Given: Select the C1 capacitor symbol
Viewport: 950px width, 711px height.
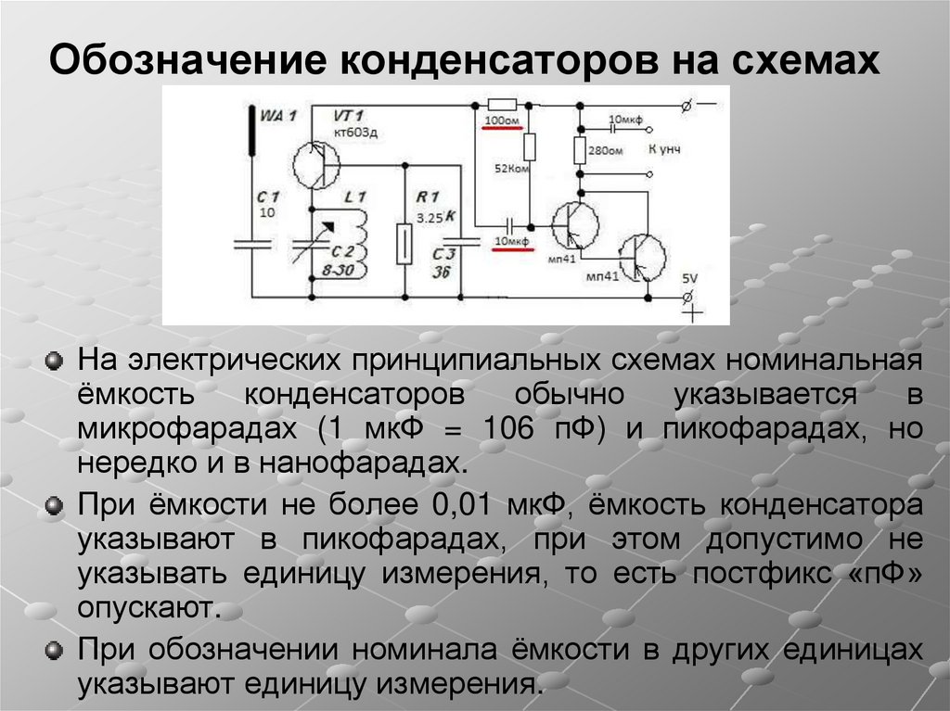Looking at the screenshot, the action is point(252,244).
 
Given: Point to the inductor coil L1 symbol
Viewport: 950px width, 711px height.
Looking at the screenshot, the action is point(359,240).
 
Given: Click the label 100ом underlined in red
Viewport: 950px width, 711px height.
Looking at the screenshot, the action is point(503,121).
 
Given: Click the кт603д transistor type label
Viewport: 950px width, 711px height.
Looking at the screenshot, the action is point(357,132).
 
